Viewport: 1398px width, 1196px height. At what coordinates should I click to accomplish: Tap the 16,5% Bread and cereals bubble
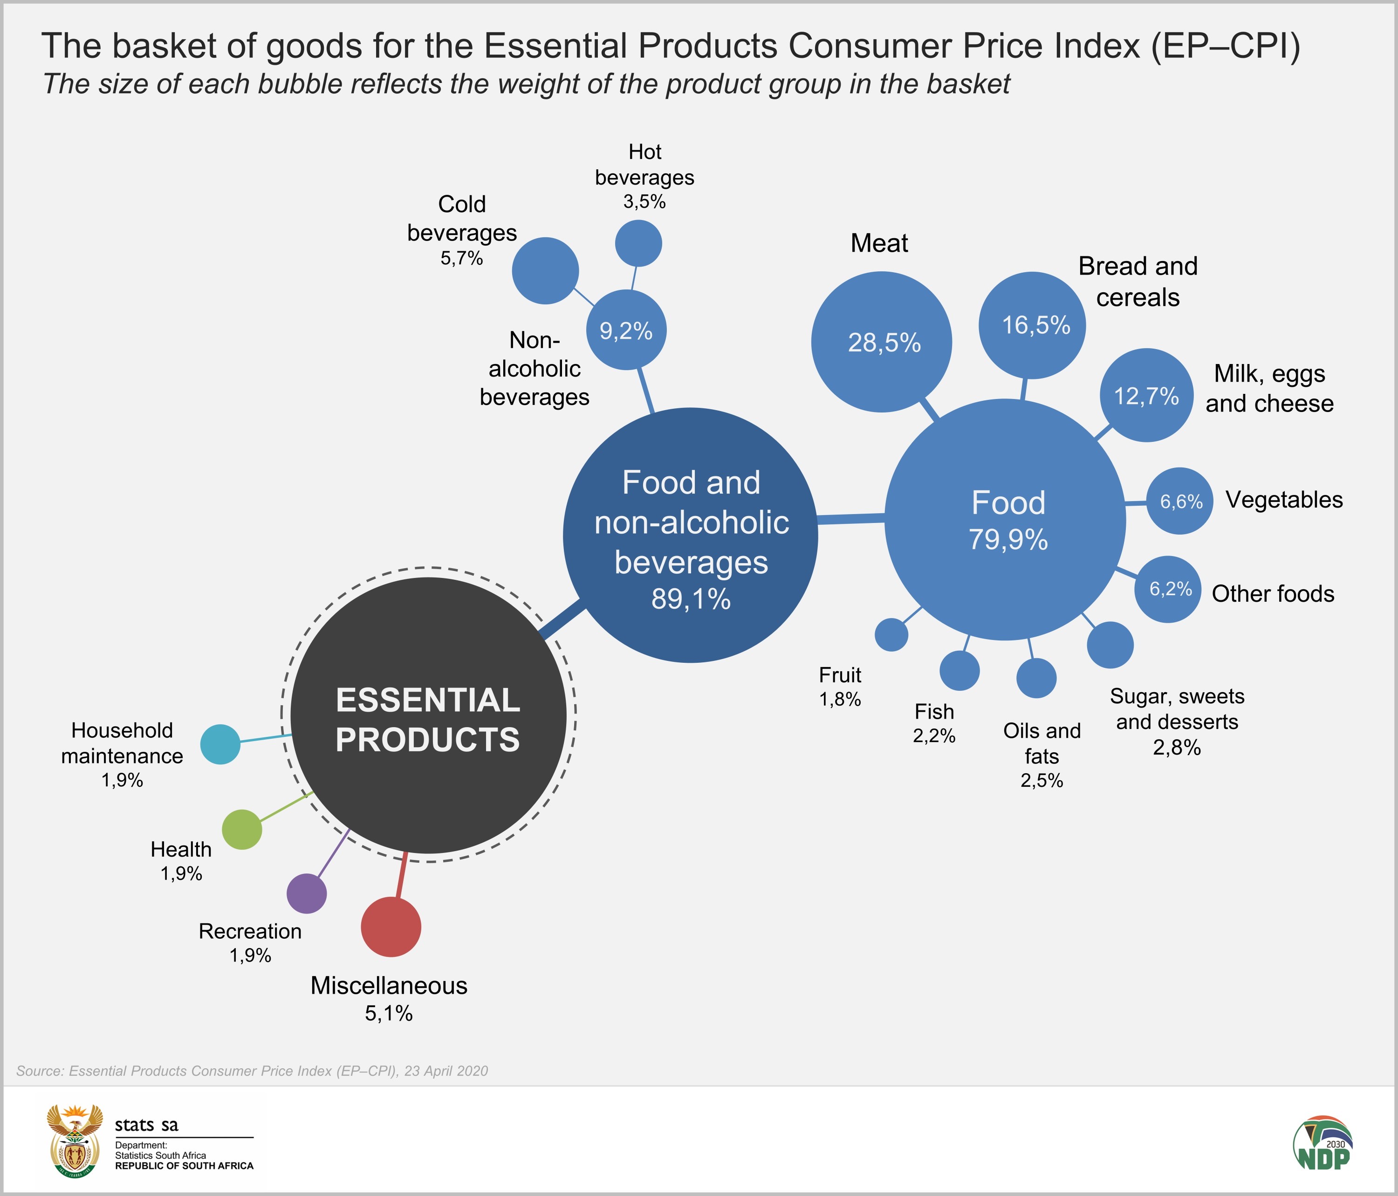point(1032,325)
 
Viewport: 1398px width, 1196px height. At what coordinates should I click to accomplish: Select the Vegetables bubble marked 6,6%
point(1180,501)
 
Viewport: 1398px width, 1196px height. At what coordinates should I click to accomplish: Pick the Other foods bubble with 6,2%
point(1168,589)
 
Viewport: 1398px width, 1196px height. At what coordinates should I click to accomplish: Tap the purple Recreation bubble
point(307,894)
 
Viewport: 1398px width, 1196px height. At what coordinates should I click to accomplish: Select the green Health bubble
point(241,830)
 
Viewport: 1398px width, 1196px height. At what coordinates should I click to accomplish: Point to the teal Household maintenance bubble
point(220,744)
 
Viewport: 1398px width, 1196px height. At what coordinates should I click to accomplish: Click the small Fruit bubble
point(891,634)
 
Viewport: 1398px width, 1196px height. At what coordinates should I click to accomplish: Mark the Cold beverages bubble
point(545,271)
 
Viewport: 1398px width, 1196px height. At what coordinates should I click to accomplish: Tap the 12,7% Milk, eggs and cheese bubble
point(1146,396)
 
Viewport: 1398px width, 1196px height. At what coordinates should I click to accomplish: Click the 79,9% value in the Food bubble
point(1008,540)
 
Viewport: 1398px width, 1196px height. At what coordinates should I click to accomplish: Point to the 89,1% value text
point(691,598)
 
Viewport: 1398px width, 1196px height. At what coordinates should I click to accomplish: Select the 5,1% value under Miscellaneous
point(389,1013)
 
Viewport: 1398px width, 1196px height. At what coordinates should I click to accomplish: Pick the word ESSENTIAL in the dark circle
point(428,700)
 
